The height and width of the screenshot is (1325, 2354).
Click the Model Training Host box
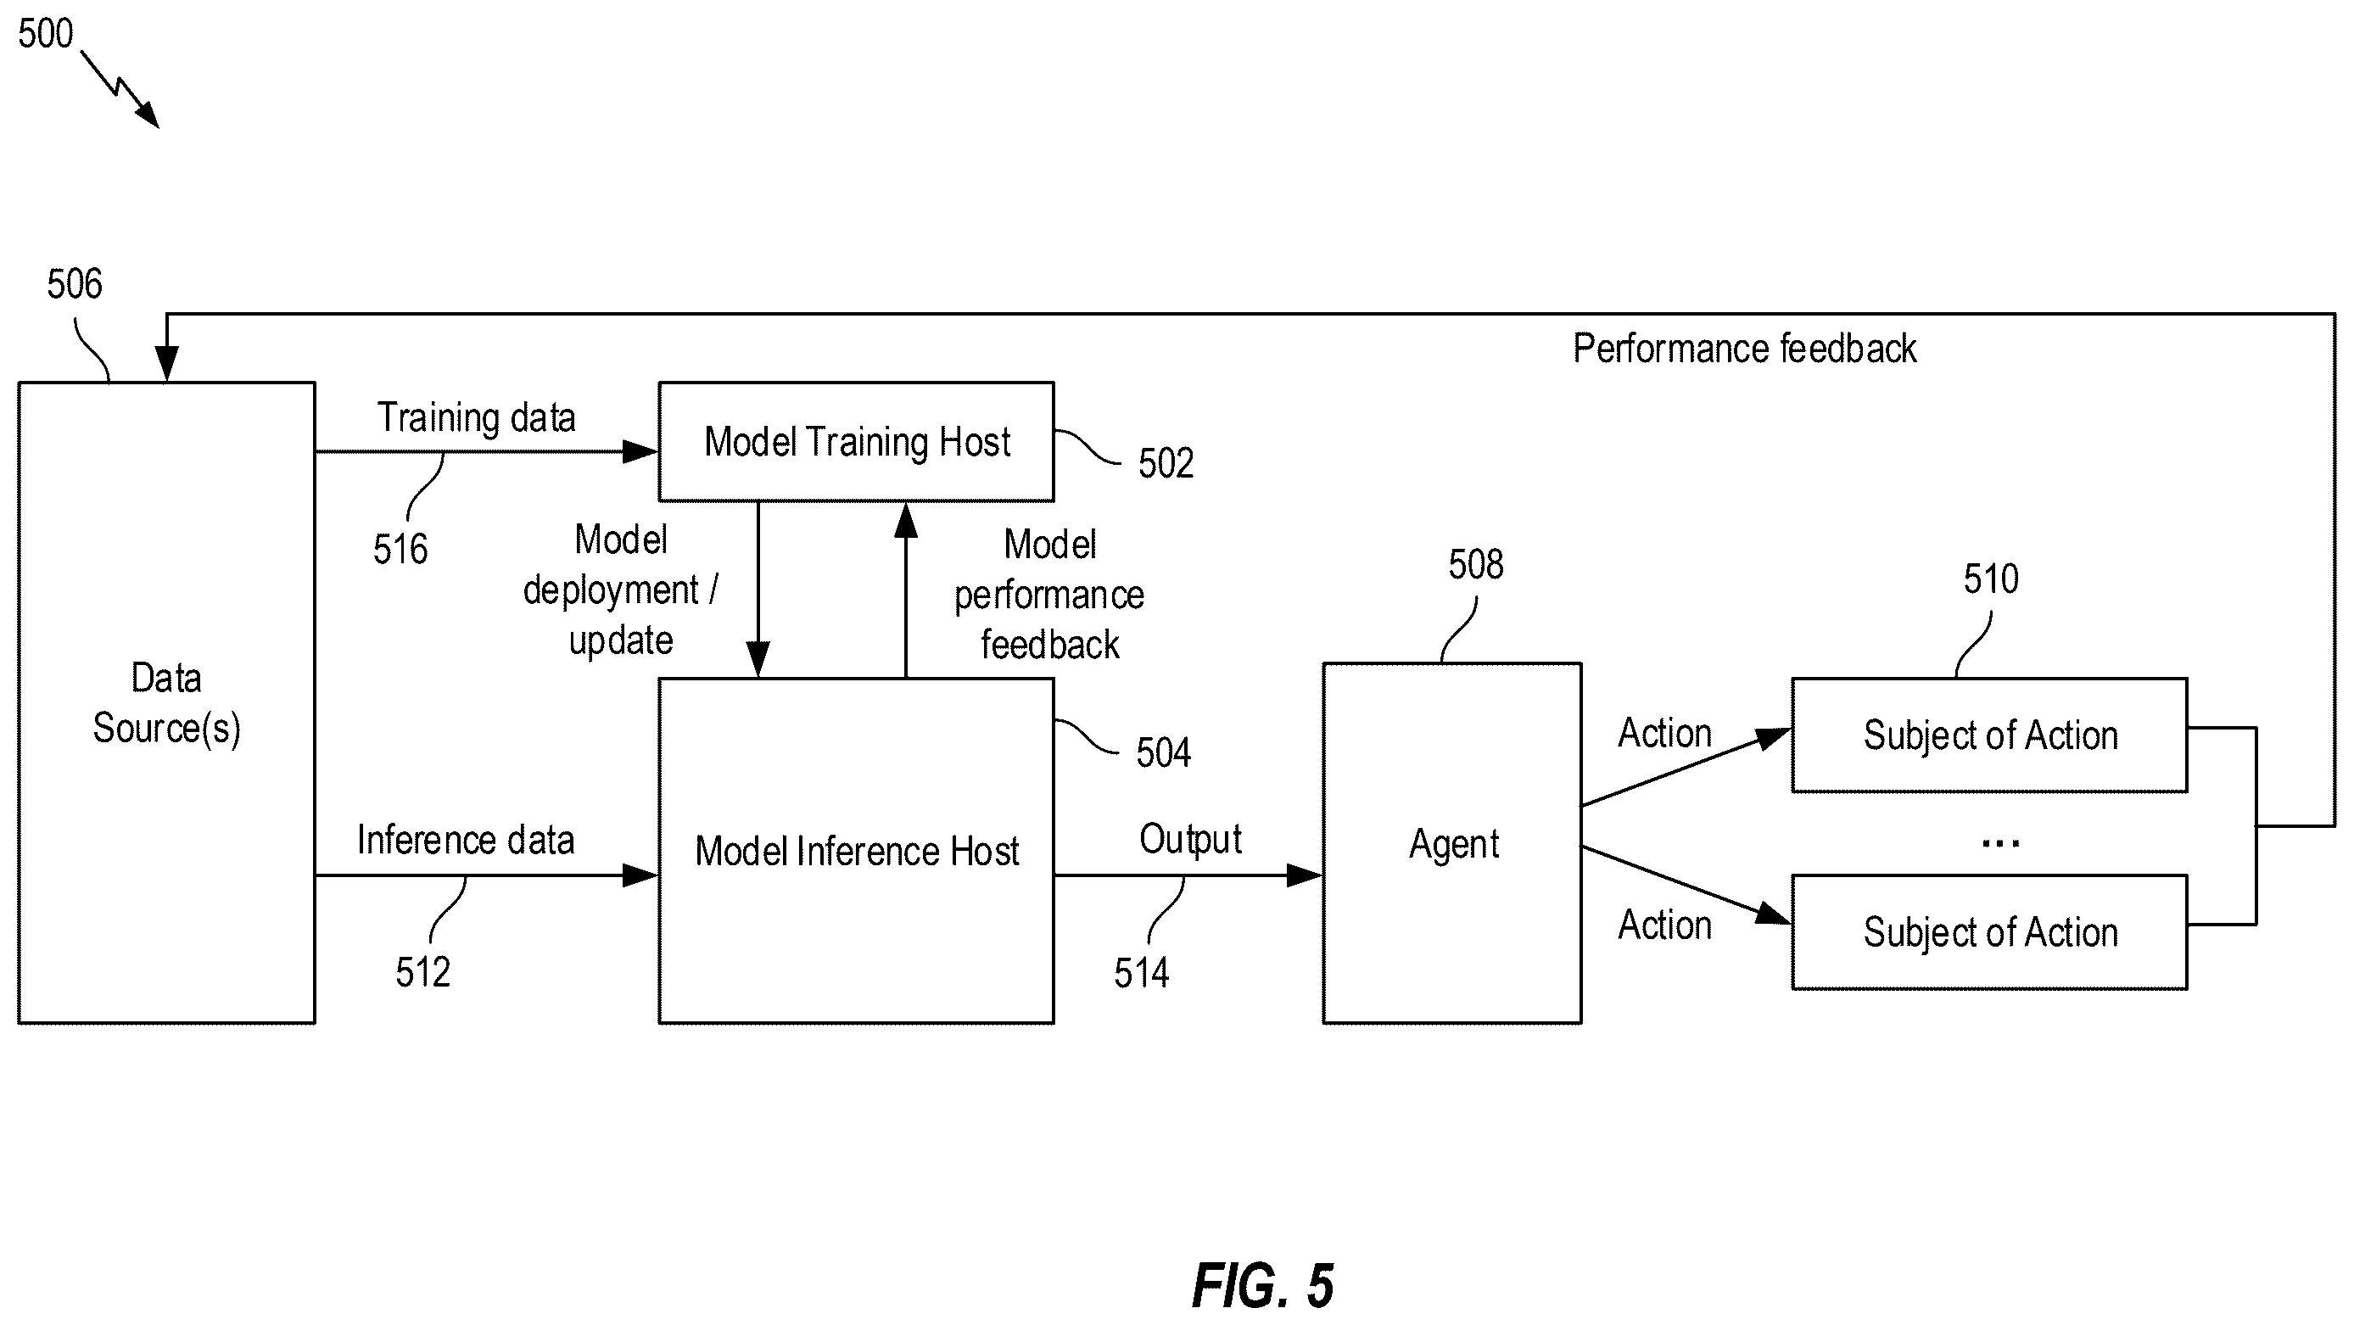pos(856,441)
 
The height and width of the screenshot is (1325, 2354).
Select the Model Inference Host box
pos(856,851)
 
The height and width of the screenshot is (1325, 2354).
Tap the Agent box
pos(1452,843)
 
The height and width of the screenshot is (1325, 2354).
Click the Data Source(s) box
pos(166,702)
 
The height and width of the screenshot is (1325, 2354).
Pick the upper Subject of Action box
pos(1989,735)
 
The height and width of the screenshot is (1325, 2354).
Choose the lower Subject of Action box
pos(1989,932)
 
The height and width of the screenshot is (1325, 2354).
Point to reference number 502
pos(1165,463)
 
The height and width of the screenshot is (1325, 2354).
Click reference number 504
pos(1163,753)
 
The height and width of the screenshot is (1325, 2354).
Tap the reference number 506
pos(75,284)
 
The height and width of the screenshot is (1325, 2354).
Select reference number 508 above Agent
pos(1476,565)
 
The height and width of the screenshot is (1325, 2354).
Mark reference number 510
pos(1991,579)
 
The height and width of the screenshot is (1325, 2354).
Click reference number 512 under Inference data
pos(422,972)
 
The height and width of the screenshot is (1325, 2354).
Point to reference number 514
pos(1141,973)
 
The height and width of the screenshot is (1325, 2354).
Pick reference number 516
pos(400,549)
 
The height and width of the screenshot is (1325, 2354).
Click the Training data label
pos(476,417)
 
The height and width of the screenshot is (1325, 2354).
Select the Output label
pos(1190,840)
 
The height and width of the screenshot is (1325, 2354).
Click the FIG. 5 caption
pos(1263,1286)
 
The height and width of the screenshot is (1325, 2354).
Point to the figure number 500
pos(46,34)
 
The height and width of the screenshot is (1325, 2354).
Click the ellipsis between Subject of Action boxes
pos(2000,843)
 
